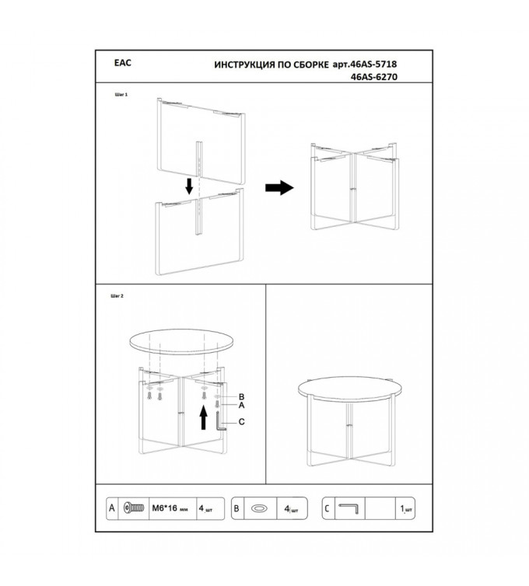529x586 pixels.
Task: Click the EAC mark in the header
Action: click(x=123, y=63)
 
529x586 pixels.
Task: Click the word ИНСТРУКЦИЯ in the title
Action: click(x=244, y=65)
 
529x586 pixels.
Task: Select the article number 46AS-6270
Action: click(x=374, y=77)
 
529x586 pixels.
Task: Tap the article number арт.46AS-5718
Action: click(x=365, y=65)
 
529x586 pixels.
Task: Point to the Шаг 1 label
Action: click(x=121, y=95)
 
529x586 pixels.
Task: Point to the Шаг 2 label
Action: click(x=117, y=296)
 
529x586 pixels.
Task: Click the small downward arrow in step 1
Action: click(x=189, y=186)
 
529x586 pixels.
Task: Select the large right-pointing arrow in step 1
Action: click(x=279, y=187)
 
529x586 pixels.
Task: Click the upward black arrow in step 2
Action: click(x=204, y=418)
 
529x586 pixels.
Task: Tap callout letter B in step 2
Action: click(x=241, y=397)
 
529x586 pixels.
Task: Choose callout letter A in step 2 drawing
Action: click(x=241, y=405)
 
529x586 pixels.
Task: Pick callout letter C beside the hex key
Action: click(x=242, y=421)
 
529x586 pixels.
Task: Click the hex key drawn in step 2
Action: click(x=218, y=422)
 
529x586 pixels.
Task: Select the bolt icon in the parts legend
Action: click(x=134, y=508)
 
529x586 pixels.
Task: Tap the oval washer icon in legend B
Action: click(x=260, y=508)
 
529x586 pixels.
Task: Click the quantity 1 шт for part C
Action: click(x=406, y=509)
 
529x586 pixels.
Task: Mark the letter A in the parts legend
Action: click(x=112, y=508)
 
